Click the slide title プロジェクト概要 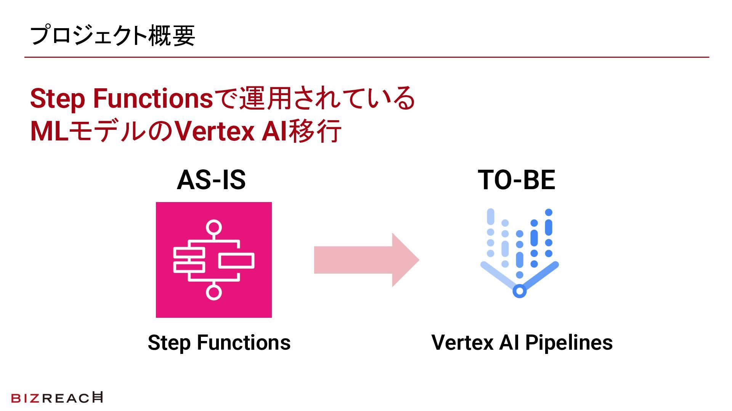coord(112,35)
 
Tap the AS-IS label coord(211,180)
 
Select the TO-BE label coord(516,180)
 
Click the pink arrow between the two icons coord(366,260)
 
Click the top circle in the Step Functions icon coord(213,228)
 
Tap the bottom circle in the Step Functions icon coord(213,292)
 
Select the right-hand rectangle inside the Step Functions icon coord(236,260)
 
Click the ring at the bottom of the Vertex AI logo coord(519,291)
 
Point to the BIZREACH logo coord(57,398)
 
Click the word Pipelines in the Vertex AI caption coord(569,342)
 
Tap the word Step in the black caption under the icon coord(169,343)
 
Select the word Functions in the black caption coord(244,342)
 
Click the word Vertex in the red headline coord(215,131)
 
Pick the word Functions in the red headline coord(153,98)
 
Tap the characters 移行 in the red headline coord(315,131)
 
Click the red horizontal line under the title coord(366,57)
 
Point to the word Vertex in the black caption coord(462,342)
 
